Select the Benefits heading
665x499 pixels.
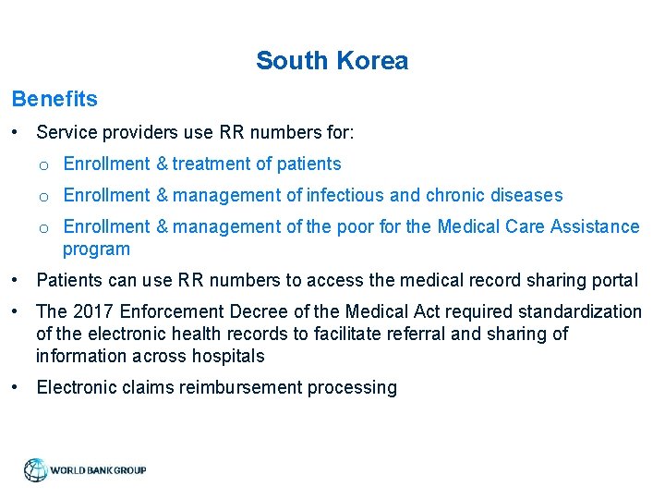[x=54, y=98]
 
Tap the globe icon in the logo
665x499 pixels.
[x=35, y=470]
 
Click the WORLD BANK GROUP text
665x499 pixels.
[x=98, y=470]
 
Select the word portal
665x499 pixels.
[x=612, y=280]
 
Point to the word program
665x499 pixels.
[x=96, y=249]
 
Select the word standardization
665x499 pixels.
[x=585, y=311]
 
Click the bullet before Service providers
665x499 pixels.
[x=18, y=132]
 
